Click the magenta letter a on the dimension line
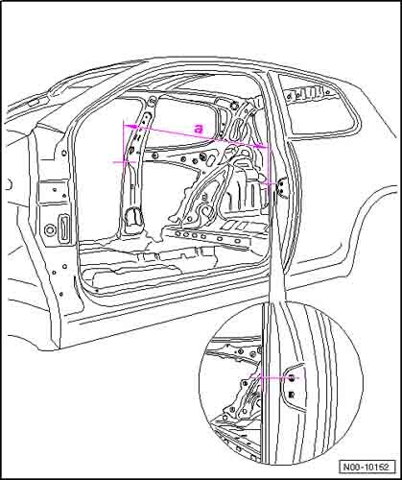click(199, 129)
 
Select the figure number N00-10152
click(367, 467)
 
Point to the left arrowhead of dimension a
click(131, 127)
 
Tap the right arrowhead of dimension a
click(261, 146)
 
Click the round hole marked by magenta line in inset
click(292, 378)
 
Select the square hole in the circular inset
click(291, 395)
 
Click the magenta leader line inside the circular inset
click(275, 377)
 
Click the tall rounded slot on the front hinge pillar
click(62, 228)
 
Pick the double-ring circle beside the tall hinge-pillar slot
click(50, 229)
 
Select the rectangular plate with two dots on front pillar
click(54, 192)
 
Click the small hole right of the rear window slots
click(327, 92)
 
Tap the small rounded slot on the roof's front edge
click(33, 104)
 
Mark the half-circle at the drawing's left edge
click(10, 184)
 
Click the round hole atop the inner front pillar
click(153, 102)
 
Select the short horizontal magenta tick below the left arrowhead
click(123, 162)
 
